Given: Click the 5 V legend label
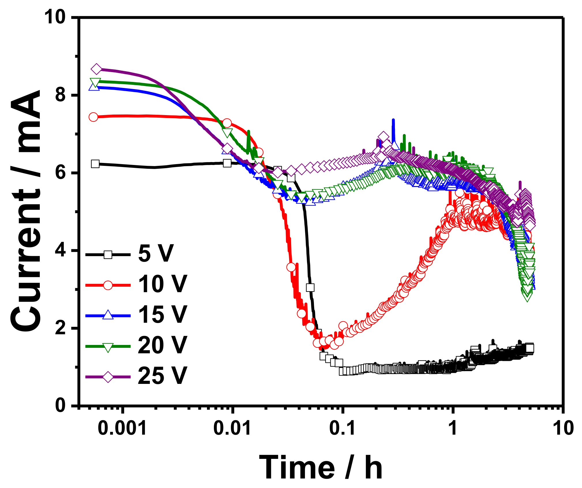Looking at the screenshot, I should tap(156, 254).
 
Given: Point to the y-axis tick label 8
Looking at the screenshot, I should tap(61, 95).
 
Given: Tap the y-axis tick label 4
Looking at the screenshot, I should tap(61, 250).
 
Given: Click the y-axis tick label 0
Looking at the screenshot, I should tap(61, 406).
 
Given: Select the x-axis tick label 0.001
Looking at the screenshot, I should tap(123, 429).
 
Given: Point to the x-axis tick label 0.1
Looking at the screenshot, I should tap(342, 429).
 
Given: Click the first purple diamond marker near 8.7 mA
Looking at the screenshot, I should tap(96, 69).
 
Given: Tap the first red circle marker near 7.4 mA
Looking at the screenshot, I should tap(93, 117).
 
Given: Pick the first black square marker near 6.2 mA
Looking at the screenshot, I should tap(95, 164).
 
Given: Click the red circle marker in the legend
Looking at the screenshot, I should tap(108, 285).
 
